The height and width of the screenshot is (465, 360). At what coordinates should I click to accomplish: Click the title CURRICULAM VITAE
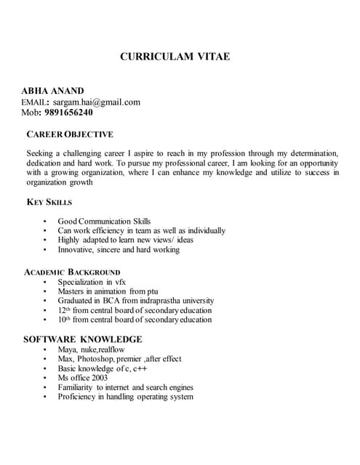pyautogui.click(x=175, y=56)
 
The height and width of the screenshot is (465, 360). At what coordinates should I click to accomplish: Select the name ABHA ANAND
pyautogui.click(x=53, y=91)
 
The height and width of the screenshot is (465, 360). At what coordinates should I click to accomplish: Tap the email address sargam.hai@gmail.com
pyautogui.click(x=97, y=102)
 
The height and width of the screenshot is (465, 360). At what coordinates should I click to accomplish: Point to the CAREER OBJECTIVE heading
pyautogui.click(x=70, y=134)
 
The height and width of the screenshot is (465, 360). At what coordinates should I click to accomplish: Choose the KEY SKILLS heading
pyautogui.click(x=49, y=202)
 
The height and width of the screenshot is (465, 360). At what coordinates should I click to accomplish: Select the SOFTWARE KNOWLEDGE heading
pyautogui.click(x=82, y=339)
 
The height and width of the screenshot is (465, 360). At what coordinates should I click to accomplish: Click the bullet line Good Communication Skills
pyautogui.click(x=104, y=221)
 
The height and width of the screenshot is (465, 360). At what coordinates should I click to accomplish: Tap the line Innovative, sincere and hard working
pyautogui.click(x=119, y=249)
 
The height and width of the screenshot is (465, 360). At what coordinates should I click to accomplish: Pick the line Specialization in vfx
pyautogui.click(x=92, y=281)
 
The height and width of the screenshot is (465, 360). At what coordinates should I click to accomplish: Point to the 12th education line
pyautogui.click(x=135, y=310)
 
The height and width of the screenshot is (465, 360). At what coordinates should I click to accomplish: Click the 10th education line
pyautogui.click(x=135, y=320)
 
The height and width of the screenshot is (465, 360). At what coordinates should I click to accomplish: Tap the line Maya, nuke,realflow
pyautogui.click(x=92, y=349)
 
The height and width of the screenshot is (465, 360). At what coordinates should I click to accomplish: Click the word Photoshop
pyautogui.click(x=100, y=359)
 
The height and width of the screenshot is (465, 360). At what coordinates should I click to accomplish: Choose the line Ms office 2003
pyautogui.click(x=83, y=378)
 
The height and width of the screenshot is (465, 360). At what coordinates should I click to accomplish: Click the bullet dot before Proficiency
pyautogui.click(x=44, y=397)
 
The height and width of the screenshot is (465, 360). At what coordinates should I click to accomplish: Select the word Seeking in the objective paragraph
pyautogui.click(x=41, y=154)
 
